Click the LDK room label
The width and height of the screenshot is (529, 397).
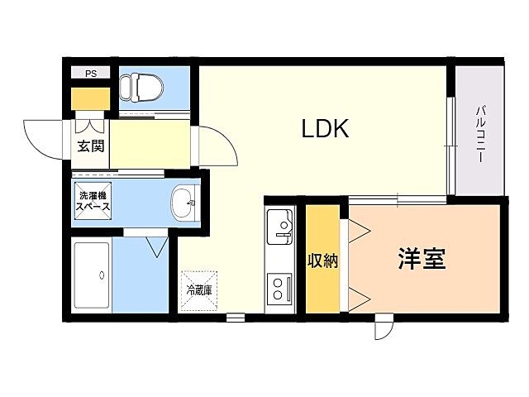326,129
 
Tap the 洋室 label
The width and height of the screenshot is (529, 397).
422,259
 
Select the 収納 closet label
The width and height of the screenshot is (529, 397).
322,261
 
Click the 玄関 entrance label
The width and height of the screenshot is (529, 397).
91,147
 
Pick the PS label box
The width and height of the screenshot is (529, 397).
90,74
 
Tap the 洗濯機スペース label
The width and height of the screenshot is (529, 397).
95,203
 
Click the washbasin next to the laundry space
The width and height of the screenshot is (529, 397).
184,201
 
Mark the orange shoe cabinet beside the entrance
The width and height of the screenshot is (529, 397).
90,98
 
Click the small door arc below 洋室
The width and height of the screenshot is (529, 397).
384,328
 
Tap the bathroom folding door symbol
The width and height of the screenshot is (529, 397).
156,246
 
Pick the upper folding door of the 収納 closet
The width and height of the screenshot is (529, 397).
357,231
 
